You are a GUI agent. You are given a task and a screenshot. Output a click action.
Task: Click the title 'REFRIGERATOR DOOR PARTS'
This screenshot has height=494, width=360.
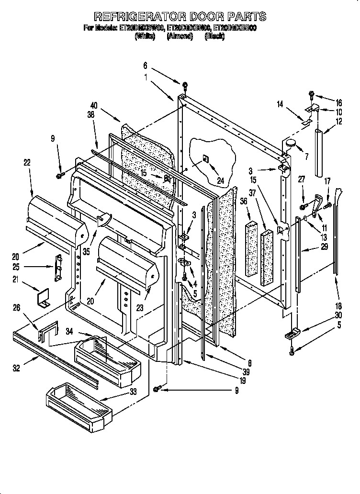(180, 17)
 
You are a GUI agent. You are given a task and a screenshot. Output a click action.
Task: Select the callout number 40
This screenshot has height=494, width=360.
(93, 105)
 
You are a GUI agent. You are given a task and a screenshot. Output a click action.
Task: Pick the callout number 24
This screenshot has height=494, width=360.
(221, 180)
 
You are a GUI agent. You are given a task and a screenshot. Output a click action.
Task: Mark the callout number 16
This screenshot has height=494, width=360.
(339, 102)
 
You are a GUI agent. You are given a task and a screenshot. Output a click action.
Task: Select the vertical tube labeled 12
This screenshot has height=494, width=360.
(318, 152)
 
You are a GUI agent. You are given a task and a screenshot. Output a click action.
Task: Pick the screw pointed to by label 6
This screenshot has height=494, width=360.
(185, 87)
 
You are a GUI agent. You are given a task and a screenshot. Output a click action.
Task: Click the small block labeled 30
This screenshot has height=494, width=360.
(293, 333)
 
